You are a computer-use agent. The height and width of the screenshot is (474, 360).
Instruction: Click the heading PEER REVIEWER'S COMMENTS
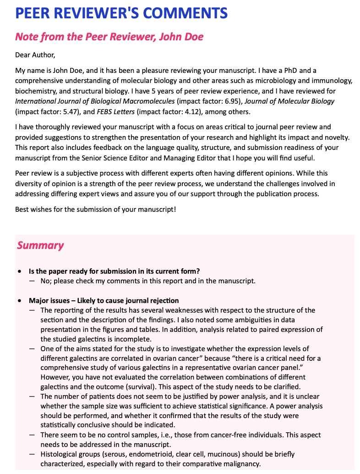click(x=121, y=13)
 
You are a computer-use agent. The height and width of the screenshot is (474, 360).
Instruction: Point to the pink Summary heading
click(x=40, y=245)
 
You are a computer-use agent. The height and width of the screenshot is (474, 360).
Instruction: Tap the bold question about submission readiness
click(x=114, y=271)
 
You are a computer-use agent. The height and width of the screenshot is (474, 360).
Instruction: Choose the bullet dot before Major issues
click(x=19, y=301)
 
